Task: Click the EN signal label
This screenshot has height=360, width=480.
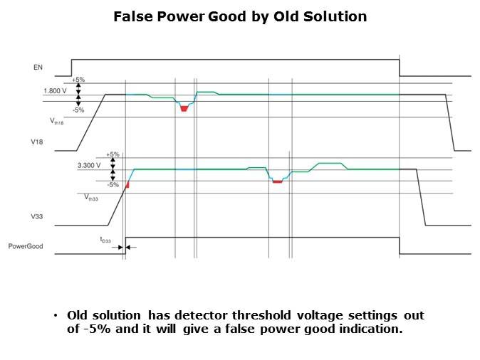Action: coord(38,68)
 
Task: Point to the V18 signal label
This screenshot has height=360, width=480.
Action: coord(37,142)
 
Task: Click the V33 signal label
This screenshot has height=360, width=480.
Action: coord(37,216)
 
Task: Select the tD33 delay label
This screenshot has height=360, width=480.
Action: coord(105,240)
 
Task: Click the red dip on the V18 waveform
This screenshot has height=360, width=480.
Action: coord(184,108)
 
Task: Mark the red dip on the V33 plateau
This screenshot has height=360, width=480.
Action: coord(277,182)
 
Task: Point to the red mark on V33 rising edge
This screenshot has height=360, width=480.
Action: coord(127,186)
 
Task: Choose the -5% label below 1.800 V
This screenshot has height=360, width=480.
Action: coord(78,110)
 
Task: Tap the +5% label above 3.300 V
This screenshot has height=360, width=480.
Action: coord(112,154)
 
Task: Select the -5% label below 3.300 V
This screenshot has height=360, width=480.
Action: coord(112,184)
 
